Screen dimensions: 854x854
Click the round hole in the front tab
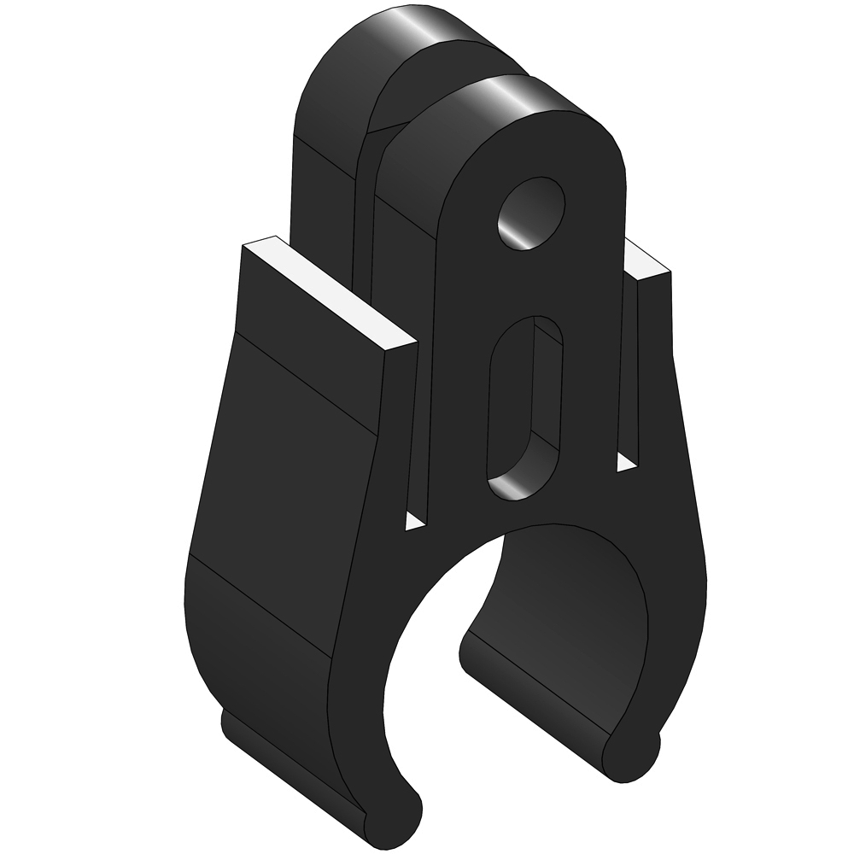[x=532, y=213]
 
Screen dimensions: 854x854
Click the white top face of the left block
[x=329, y=295]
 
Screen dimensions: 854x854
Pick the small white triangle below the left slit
[x=414, y=522]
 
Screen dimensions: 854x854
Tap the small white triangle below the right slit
[x=626, y=462]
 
